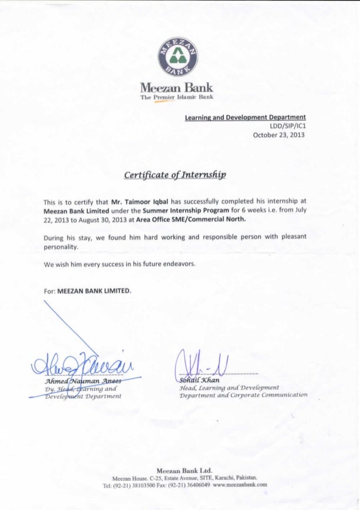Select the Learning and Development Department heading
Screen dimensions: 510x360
click(x=245, y=117)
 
